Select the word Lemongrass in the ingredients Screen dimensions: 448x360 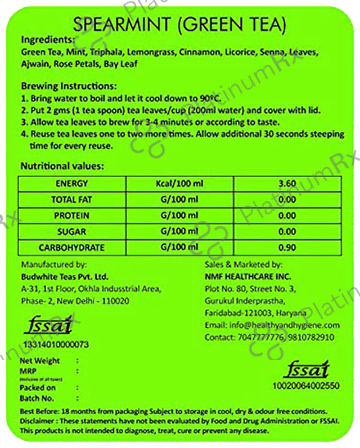pos(154,53)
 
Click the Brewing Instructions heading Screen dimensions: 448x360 pos(68,87)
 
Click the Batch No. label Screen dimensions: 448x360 pos(38,398)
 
